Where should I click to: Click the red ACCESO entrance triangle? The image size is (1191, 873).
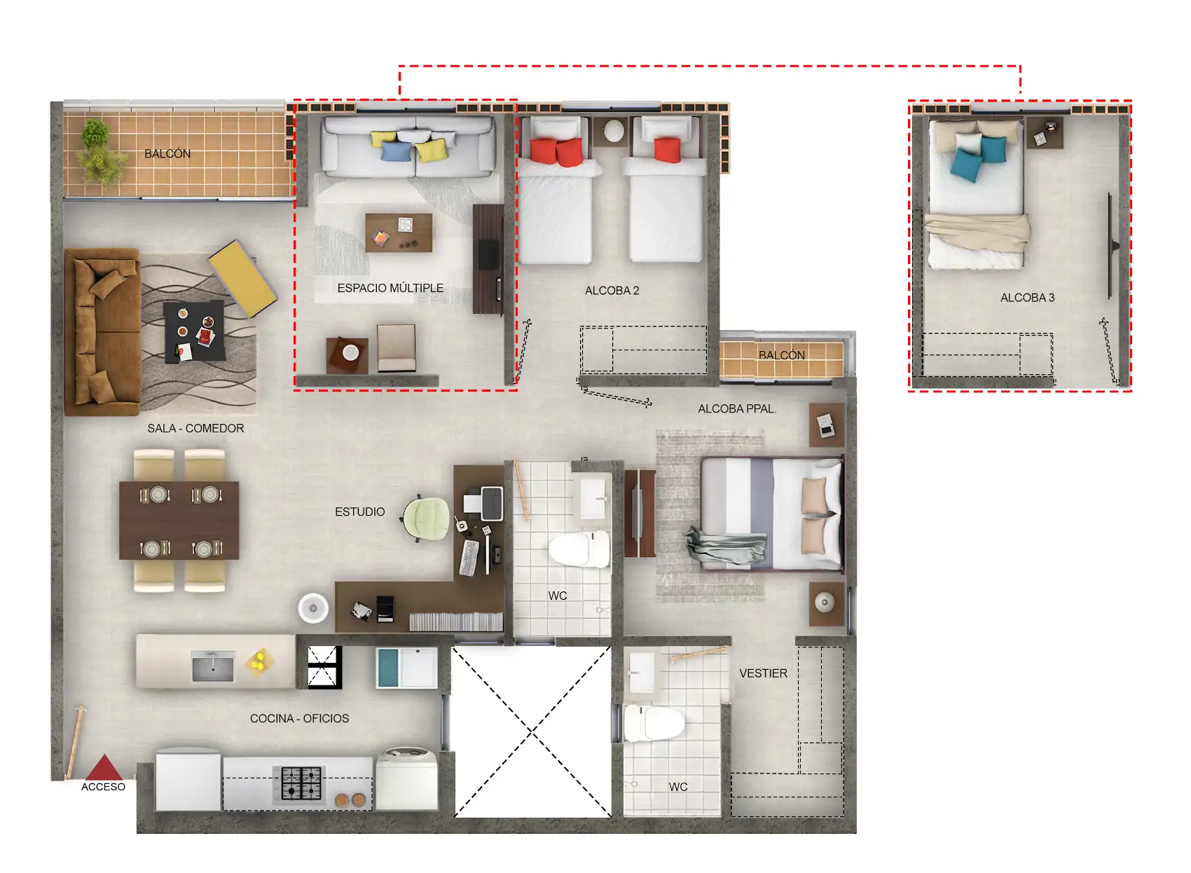(x=104, y=767)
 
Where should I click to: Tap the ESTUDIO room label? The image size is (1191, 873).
(x=360, y=512)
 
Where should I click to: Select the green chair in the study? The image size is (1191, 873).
(x=425, y=518)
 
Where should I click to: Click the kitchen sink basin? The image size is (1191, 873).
(x=213, y=666)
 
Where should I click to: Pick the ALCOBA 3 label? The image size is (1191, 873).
(x=1028, y=298)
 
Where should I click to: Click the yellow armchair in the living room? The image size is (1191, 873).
(x=243, y=278)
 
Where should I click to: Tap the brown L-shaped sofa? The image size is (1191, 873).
(x=102, y=332)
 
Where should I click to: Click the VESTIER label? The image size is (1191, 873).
(x=764, y=673)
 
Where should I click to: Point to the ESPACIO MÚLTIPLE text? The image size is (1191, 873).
(x=390, y=288)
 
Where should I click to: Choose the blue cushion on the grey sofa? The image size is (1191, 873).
(x=396, y=151)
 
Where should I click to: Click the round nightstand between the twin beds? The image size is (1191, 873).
(x=614, y=131)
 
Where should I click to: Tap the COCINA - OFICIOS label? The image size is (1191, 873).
(x=299, y=719)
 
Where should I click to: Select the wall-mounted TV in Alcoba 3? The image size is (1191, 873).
(x=1111, y=246)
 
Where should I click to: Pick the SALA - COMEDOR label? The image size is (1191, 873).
(x=195, y=429)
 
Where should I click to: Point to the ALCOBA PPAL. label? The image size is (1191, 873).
(x=737, y=409)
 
